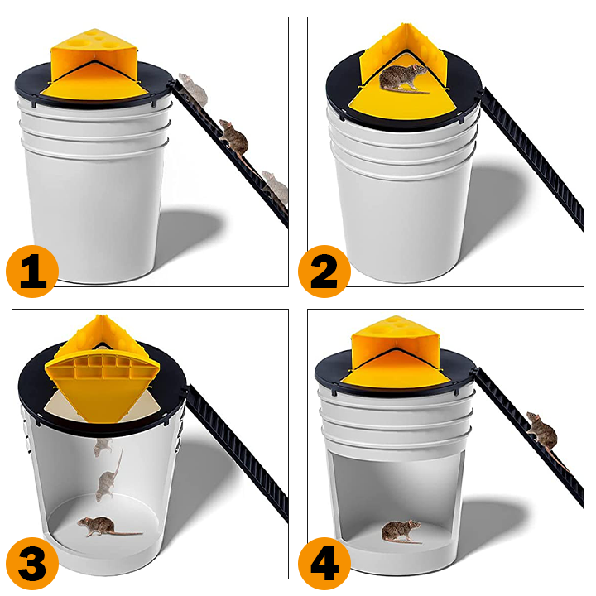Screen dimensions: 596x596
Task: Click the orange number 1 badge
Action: (32, 271)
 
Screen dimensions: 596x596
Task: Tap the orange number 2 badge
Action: (324, 271)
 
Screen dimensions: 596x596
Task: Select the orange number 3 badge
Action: (32, 564)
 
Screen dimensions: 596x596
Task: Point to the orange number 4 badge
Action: (324, 564)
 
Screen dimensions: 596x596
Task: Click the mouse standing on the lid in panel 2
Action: (403, 78)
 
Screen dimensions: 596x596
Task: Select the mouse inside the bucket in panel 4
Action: (401, 531)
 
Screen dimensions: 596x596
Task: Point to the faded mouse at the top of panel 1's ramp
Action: (193, 89)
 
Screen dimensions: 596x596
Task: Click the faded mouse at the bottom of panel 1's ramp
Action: (275, 188)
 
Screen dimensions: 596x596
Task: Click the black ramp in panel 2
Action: (532, 160)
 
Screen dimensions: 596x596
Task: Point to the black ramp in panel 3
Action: (238, 452)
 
